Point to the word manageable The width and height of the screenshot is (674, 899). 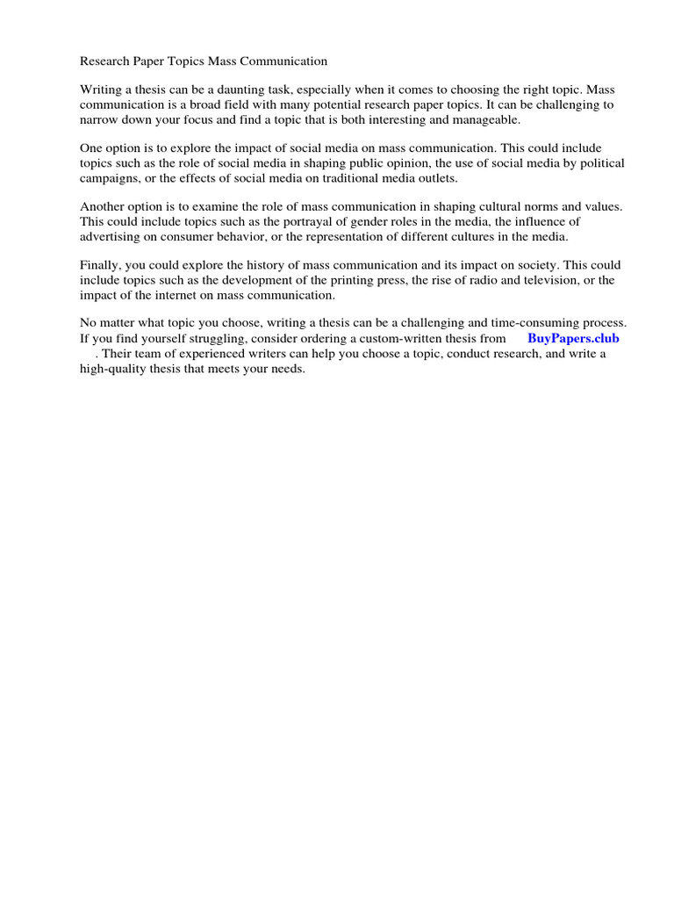pyautogui.click(x=483, y=119)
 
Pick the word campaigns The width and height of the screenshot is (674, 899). pyautogui.click(x=109, y=178)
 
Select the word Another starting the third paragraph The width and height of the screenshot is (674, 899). pyautogui.click(x=104, y=206)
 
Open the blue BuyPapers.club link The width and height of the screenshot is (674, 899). pyautogui.click(x=573, y=338)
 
